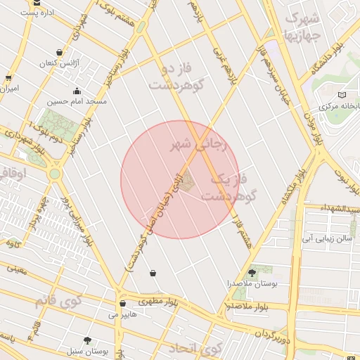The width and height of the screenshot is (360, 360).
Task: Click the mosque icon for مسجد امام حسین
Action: [77, 91]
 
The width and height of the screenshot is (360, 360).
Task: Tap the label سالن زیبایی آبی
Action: [325, 239]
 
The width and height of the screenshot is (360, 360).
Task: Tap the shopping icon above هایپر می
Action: [123, 304]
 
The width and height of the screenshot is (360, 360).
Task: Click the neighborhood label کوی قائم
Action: [59, 300]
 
